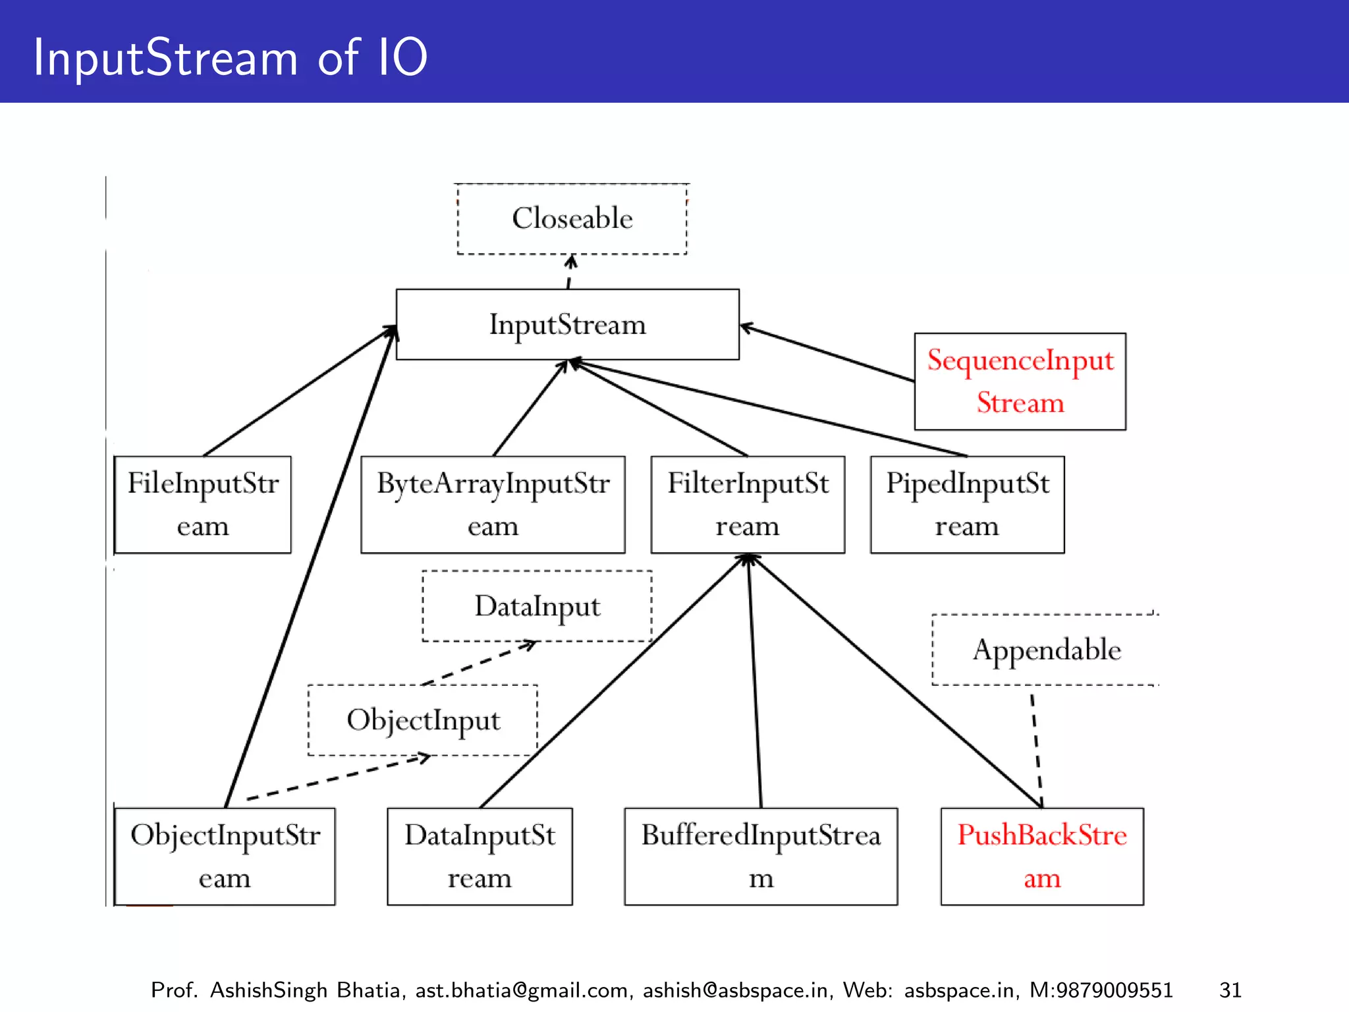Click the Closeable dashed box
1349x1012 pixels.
click(572, 219)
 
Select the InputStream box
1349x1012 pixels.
click(567, 324)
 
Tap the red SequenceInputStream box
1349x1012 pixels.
click(1020, 381)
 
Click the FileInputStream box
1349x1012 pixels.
click(203, 505)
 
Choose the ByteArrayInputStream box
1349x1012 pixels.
click(493, 505)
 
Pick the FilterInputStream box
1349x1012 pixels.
click(748, 505)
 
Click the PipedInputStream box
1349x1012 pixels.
click(967, 505)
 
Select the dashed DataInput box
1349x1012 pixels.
click(537, 606)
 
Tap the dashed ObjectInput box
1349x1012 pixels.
click(423, 720)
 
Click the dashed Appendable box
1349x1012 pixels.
click(1046, 650)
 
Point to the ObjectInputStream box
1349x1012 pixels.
click(225, 857)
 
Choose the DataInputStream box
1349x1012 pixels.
click(480, 857)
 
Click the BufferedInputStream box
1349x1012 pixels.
click(761, 857)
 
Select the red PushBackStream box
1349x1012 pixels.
click(1042, 857)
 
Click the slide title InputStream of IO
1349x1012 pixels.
click(231, 58)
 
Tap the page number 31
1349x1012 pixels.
click(1230, 990)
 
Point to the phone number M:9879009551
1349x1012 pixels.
click(1101, 990)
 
